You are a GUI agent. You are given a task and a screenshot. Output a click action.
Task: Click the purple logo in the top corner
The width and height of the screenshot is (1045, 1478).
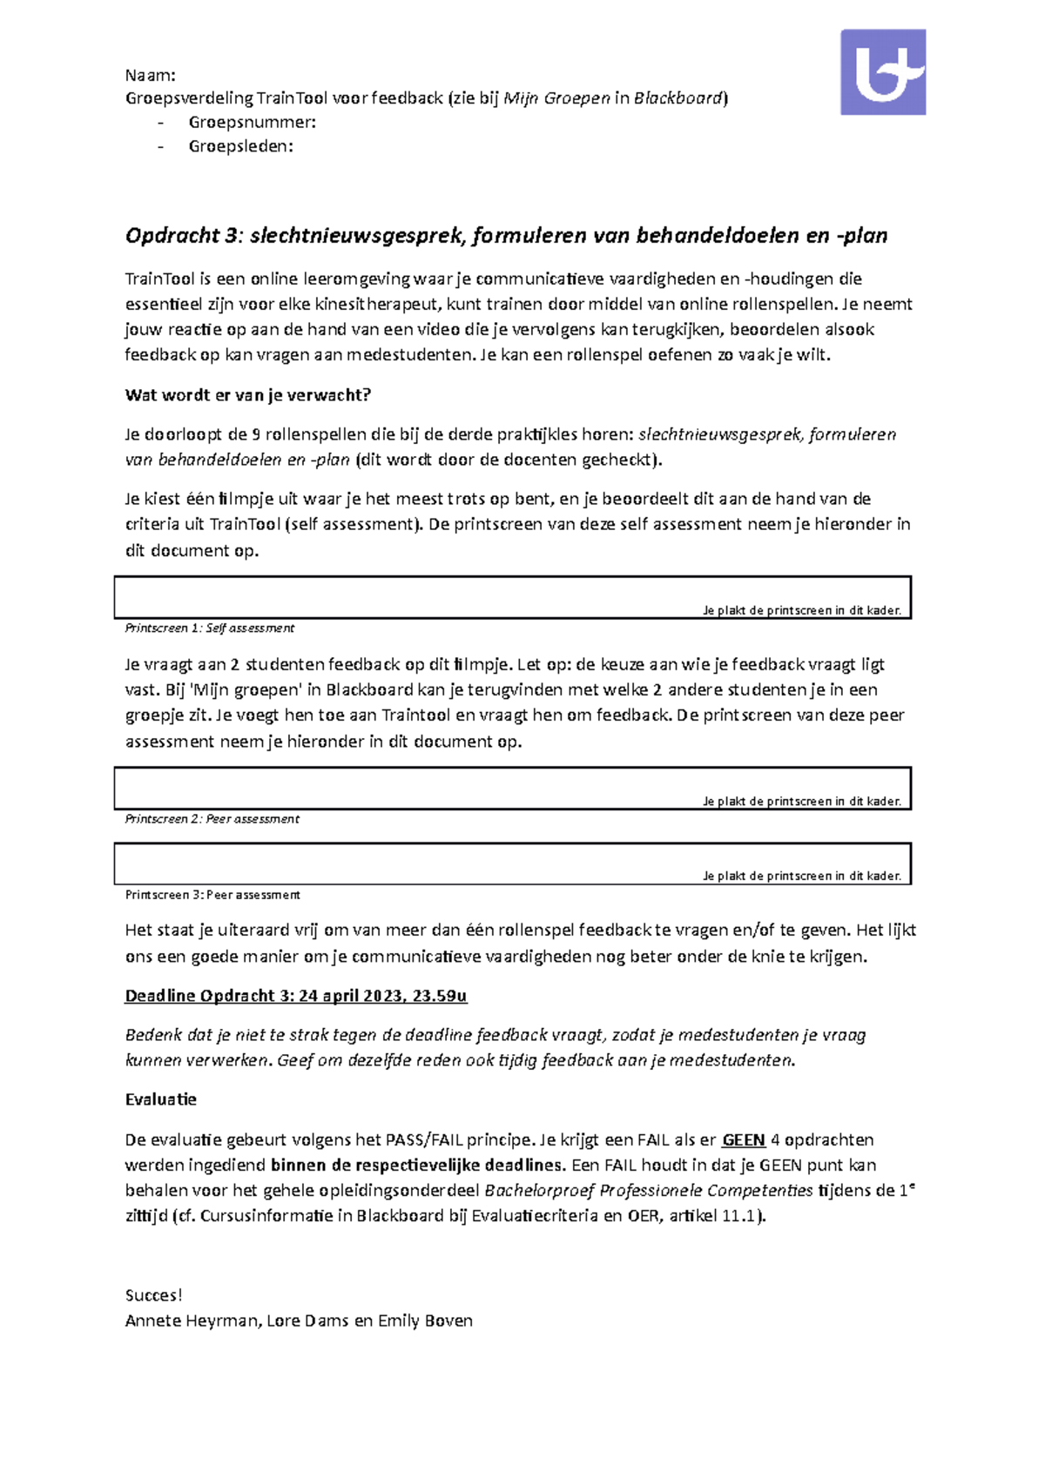882,72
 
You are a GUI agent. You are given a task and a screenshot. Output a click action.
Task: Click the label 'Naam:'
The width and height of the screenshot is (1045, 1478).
151,75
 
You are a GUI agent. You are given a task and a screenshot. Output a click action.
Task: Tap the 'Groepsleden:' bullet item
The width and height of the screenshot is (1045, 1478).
240,146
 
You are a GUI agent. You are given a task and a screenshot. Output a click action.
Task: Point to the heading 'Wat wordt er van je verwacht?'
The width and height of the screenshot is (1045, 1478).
248,395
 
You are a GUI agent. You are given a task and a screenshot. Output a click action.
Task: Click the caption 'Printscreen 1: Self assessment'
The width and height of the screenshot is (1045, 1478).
210,628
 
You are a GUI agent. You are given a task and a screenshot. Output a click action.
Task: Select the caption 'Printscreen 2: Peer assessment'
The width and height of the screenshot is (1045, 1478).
212,819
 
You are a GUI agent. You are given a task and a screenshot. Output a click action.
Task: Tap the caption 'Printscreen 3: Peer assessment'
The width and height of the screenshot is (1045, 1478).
212,895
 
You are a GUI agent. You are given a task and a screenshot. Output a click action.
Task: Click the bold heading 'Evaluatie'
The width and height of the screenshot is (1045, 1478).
161,1099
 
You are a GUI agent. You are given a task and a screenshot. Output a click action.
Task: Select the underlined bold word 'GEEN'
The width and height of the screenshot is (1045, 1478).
744,1140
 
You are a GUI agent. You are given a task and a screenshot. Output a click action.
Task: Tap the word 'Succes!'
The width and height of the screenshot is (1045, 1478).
154,1295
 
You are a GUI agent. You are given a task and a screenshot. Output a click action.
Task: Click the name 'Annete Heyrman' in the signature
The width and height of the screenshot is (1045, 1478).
192,1320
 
